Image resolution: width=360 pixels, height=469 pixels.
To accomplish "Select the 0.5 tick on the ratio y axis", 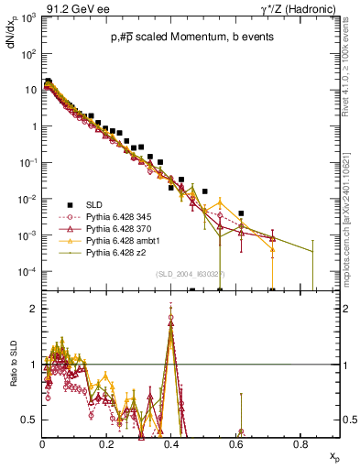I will coord(30,420).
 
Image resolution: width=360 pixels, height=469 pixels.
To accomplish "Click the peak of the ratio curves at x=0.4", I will coord(171,319).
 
